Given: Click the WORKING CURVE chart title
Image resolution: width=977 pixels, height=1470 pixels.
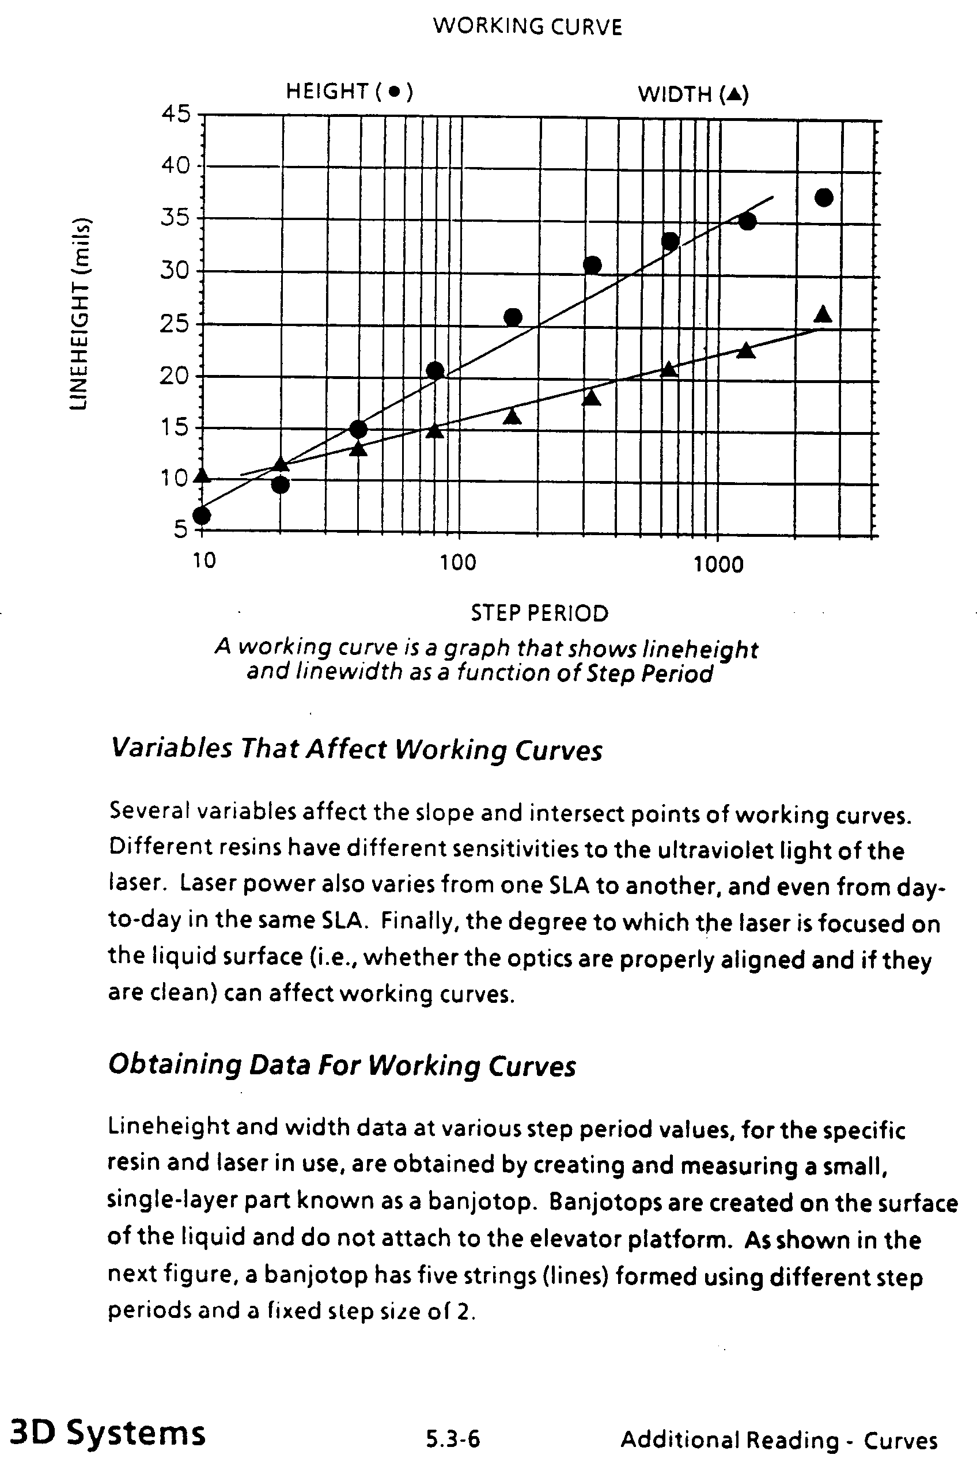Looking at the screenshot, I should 527,26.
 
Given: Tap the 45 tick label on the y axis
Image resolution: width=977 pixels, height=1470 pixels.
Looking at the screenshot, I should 175,114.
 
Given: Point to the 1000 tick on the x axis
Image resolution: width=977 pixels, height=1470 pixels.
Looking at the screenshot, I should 718,564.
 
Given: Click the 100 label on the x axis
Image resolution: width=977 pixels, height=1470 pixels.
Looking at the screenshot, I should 458,562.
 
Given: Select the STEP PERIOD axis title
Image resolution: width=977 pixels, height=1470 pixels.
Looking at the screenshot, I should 539,613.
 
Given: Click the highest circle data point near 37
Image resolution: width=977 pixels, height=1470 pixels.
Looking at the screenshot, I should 824,198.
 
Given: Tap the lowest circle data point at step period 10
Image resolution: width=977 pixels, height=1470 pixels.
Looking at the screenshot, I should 201,515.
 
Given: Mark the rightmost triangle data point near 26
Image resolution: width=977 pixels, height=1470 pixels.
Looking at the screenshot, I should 823,314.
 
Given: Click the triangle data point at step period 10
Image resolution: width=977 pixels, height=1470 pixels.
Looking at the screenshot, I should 201,475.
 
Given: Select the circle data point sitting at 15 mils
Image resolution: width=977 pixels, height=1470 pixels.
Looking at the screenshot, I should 358,429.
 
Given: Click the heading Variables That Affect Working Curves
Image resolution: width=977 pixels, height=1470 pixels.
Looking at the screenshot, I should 357,748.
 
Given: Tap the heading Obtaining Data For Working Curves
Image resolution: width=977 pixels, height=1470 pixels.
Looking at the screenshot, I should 342,1064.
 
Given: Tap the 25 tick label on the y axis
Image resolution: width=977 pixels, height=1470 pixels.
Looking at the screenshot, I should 174,324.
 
